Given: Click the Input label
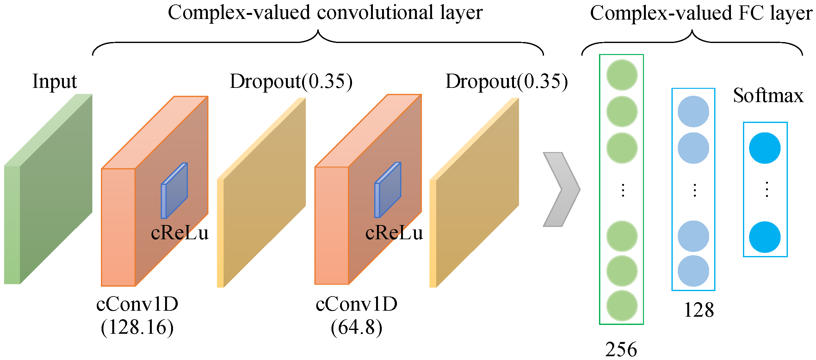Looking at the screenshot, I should pos(54,82).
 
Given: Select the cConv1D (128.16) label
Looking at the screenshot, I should pos(137,315).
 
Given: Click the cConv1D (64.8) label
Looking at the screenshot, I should pos(356,315).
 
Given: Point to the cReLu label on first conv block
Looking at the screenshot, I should pos(180,233).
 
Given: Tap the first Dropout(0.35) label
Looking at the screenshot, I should pos(291,82).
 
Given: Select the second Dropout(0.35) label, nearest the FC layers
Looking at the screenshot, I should pos(506,82).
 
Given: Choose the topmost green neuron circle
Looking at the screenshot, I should pos(622,75).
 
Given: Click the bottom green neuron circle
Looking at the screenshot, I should pos(622,306).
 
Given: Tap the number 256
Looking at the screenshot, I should pos(621,349).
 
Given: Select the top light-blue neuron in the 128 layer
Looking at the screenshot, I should pos(693,112).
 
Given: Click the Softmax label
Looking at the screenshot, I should pos(768,95).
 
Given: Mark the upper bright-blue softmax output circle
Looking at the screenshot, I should pos(765,148).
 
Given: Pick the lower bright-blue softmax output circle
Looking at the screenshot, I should pos(765,237).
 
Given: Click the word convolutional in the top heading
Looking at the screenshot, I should pos(375,13).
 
